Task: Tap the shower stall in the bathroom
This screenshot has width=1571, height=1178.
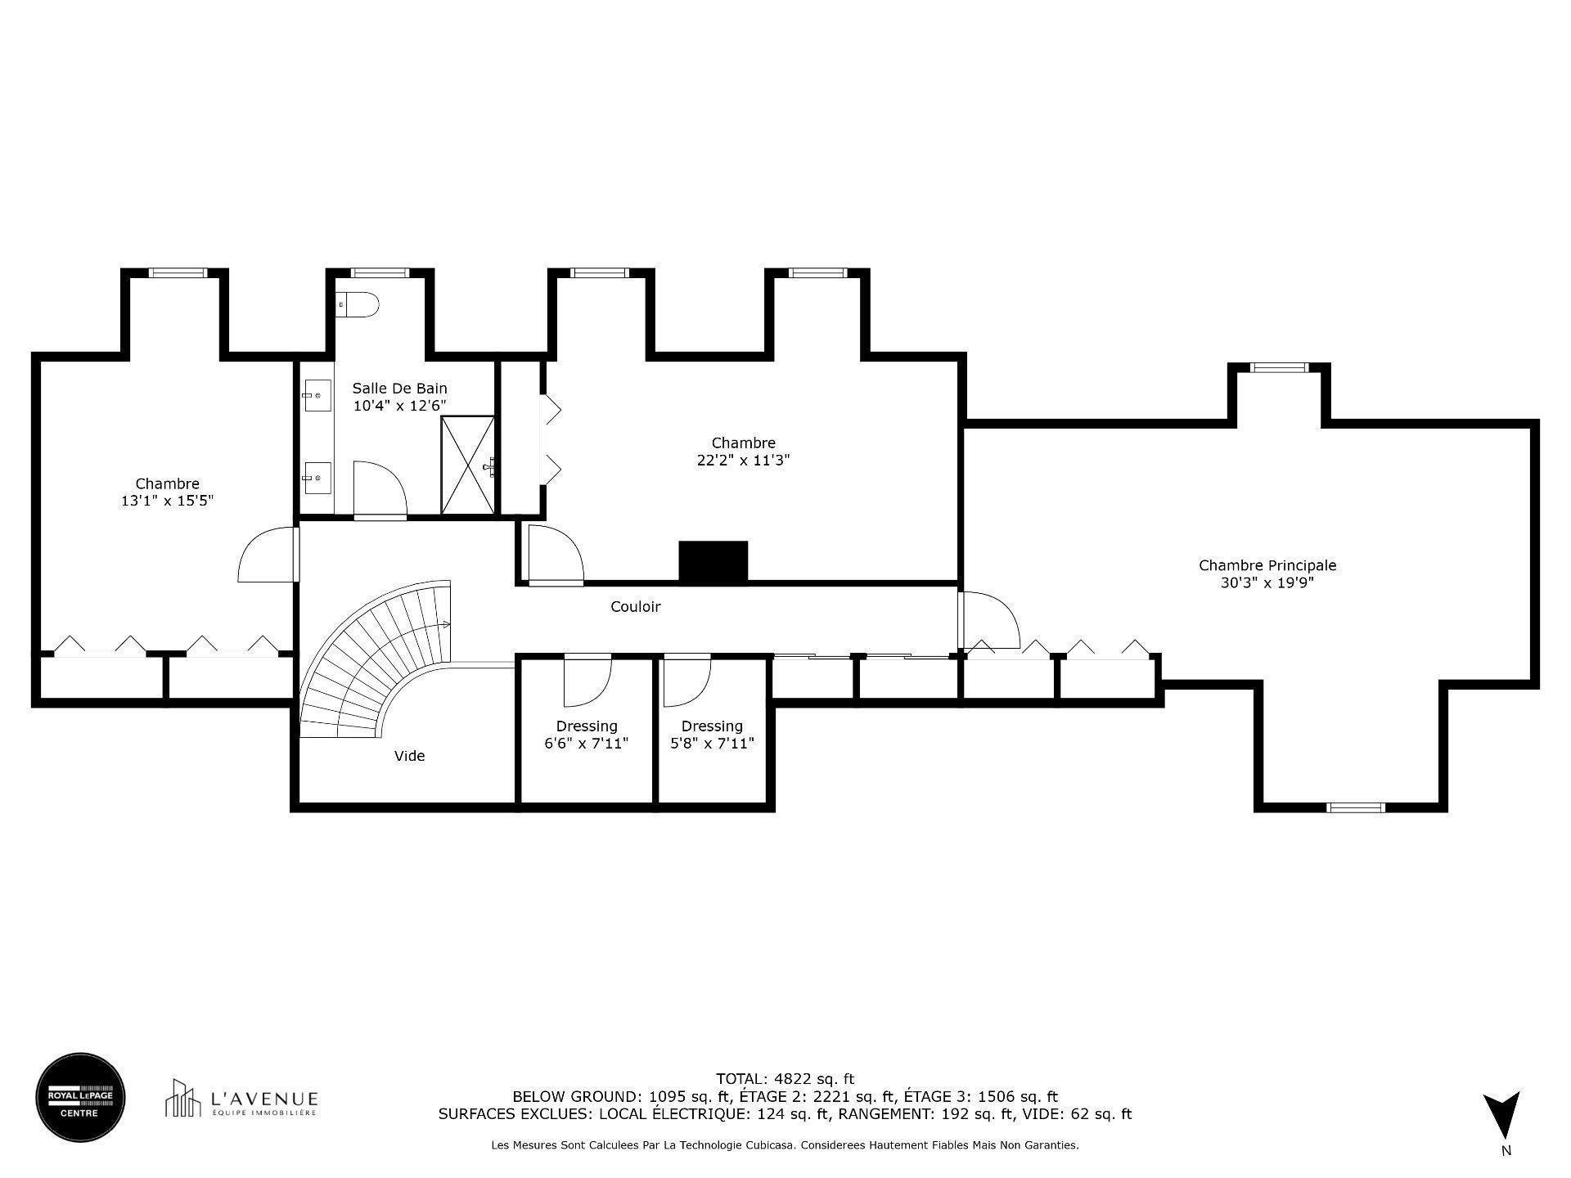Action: click(x=468, y=465)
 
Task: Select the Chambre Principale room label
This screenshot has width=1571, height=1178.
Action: click(x=1267, y=565)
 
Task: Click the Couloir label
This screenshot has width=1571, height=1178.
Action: click(x=635, y=607)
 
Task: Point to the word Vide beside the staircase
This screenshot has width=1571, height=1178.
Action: click(x=409, y=756)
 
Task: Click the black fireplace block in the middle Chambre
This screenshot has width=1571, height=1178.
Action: click(x=713, y=562)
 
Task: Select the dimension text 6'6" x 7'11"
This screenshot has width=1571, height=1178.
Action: click(x=586, y=744)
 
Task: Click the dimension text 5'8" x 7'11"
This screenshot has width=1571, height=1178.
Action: click(x=712, y=744)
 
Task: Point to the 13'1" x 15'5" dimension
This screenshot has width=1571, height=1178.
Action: click(x=167, y=501)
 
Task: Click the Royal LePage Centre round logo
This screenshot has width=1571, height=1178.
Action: click(x=80, y=1098)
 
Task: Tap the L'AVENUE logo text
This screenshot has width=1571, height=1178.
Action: click(x=264, y=1099)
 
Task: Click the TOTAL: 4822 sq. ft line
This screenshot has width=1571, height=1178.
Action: click(x=785, y=1079)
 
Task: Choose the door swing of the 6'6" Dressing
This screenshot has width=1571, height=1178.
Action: click(x=587, y=681)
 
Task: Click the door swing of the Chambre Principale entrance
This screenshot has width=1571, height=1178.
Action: click(x=990, y=620)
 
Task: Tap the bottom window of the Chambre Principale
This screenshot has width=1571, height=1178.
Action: click(x=1356, y=807)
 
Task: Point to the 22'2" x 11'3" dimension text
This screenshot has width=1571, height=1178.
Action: click(x=743, y=461)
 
